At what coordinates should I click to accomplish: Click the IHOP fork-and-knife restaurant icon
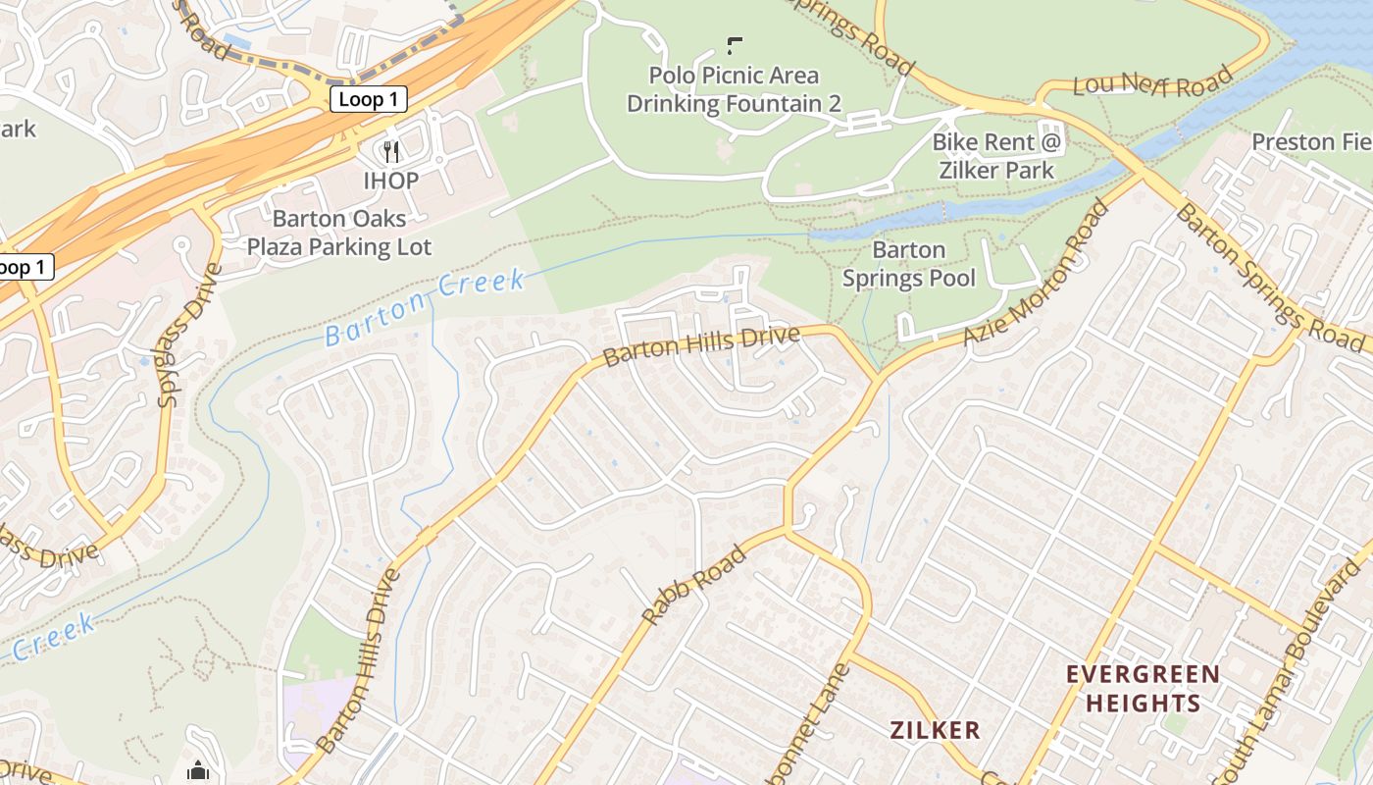pyautogui.click(x=391, y=151)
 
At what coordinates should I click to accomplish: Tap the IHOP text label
pyautogui.click(x=391, y=181)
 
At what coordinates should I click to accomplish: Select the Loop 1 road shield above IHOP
pyautogui.click(x=368, y=99)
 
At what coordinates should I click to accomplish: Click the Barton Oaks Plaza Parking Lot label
pyautogui.click(x=338, y=233)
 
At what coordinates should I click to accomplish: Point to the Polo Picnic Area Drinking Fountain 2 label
pyautogui.click(x=734, y=89)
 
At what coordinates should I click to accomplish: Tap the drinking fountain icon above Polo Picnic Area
pyautogui.click(x=734, y=45)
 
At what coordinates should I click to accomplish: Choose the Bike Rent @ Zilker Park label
pyautogui.click(x=996, y=155)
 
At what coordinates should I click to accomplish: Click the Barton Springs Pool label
pyautogui.click(x=909, y=264)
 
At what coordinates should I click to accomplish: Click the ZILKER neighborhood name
pyautogui.click(x=935, y=730)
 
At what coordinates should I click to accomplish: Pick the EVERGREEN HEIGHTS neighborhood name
pyautogui.click(x=1143, y=689)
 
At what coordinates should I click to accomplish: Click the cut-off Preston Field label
pyautogui.click(x=1310, y=142)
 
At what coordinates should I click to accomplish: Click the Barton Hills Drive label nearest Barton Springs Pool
pyautogui.click(x=701, y=346)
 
